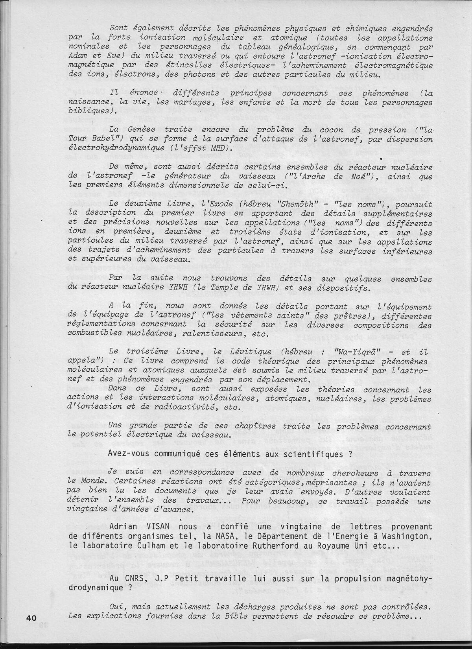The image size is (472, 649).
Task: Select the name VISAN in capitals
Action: click(x=160, y=526)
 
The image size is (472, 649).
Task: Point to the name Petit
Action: click(x=180, y=579)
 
